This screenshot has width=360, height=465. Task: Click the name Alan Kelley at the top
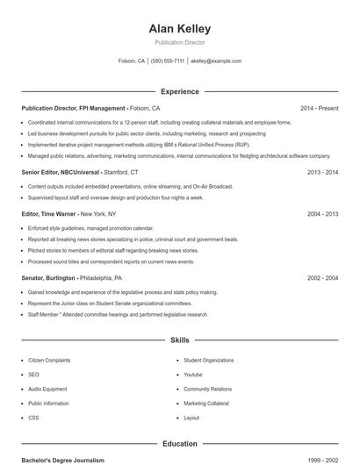pos(180,29)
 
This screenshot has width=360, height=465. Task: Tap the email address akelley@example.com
pos(216,61)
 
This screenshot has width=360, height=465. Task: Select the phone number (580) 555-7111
pos(168,61)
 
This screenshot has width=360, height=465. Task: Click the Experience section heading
pos(180,91)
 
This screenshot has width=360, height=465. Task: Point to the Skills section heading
pos(180,340)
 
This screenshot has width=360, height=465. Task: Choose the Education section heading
pos(180,444)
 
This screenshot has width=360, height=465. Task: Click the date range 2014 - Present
pos(319,108)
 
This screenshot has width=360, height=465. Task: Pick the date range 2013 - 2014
pos(322,173)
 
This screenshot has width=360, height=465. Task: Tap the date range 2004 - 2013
pos(322,213)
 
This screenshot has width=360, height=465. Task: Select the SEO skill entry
pos(33,375)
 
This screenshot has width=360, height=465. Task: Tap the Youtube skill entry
pos(193,375)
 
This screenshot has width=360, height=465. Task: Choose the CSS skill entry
pos(33,418)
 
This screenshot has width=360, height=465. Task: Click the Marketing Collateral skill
pos(207,404)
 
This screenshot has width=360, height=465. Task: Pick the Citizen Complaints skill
pos(49,361)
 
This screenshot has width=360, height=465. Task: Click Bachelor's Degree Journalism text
pos(62,460)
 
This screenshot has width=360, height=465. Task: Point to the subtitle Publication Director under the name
pos(180,42)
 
